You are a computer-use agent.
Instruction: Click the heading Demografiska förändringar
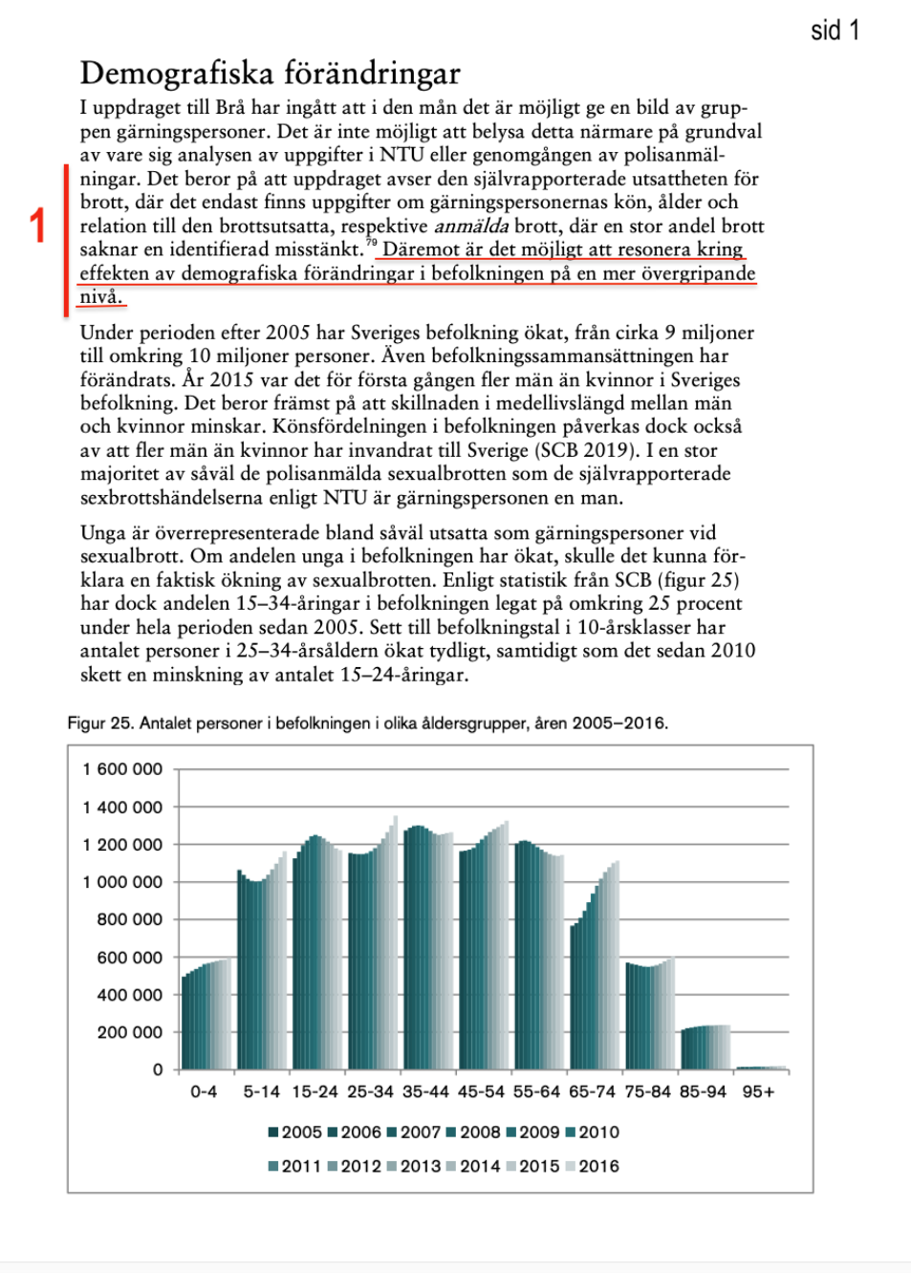point(270,74)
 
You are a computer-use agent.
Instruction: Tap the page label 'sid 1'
point(835,31)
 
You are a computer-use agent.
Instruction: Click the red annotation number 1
point(37,226)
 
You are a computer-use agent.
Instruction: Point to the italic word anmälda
point(471,227)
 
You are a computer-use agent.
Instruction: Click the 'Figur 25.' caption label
point(100,723)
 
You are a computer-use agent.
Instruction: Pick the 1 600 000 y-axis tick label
point(122,769)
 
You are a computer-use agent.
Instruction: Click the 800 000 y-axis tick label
point(130,919)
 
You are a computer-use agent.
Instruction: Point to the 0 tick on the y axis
point(158,1069)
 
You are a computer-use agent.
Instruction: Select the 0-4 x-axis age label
point(204,1091)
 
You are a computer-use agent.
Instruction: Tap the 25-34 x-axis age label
point(370,1091)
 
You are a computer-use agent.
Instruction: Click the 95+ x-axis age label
point(758,1091)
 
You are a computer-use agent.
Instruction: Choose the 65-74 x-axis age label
point(592,1091)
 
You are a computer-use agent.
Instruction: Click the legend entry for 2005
point(295,1133)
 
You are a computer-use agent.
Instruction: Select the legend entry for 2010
point(593,1133)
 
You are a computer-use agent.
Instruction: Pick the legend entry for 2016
point(593,1167)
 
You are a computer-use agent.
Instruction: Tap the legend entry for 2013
point(414,1167)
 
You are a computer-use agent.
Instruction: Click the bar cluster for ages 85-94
point(705,1047)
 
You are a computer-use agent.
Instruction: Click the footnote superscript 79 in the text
point(372,243)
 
